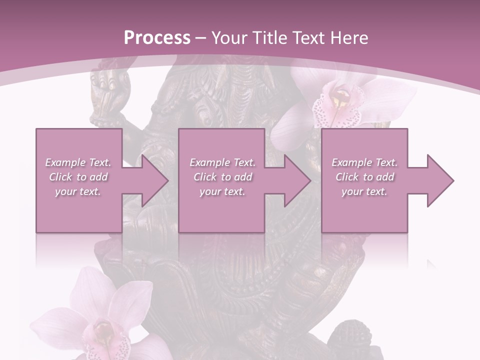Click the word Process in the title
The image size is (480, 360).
[x=157, y=38]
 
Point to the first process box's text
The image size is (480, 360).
[x=78, y=177]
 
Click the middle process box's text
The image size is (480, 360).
[x=222, y=177]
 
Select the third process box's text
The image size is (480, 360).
[x=364, y=177]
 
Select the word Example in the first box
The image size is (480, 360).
[x=65, y=162]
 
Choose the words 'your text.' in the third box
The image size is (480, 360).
[x=364, y=191]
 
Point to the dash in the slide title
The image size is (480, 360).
[x=200, y=38]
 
